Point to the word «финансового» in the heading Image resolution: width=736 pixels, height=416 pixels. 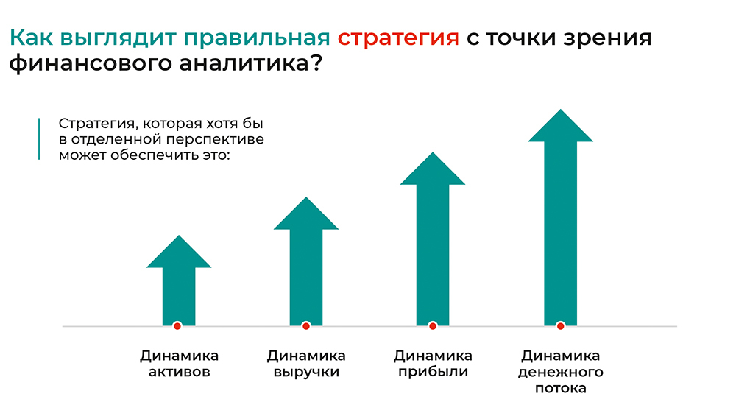(x=91, y=63)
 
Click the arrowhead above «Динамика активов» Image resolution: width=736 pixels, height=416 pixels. (x=179, y=252)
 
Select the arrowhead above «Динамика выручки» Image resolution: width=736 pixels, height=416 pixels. (x=306, y=214)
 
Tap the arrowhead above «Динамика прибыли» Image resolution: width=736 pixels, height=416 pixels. (x=433, y=169)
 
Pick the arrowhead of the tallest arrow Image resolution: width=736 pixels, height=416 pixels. (x=560, y=125)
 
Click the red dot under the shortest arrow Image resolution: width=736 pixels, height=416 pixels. (x=177, y=326)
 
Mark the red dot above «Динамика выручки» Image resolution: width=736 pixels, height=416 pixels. (x=306, y=326)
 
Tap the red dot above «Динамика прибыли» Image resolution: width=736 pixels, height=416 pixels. (x=433, y=326)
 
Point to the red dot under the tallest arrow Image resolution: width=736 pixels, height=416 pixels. (x=560, y=326)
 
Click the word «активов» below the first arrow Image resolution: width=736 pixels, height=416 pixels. (x=180, y=372)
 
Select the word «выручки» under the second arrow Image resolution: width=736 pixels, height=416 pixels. (x=306, y=373)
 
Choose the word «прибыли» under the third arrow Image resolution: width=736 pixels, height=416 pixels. (x=433, y=373)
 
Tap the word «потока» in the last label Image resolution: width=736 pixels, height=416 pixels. (x=560, y=389)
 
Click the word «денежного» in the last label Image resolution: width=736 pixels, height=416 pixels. (x=560, y=373)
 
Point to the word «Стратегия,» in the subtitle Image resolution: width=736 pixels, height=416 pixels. (x=98, y=124)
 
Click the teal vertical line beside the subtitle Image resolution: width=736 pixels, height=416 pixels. (x=39, y=139)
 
